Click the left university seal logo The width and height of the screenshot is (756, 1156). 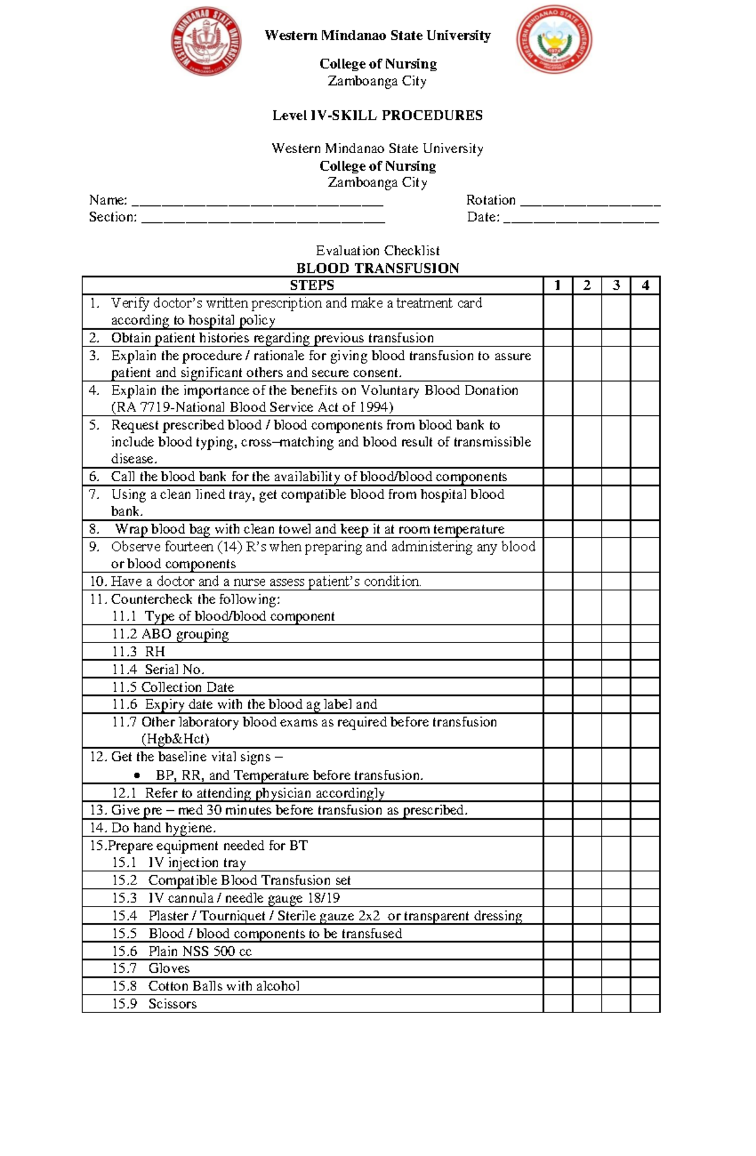[x=207, y=42]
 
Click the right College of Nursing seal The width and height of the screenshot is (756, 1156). [x=554, y=39]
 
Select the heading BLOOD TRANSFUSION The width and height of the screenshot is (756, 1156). [x=377, y=268]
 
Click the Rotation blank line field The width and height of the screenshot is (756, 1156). [x=590, y=202]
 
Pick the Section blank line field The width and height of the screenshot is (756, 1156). [x=263, y=219]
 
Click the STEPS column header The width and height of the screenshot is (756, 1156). [x=312, y=285]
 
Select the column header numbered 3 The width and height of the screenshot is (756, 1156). [x=616, y=285]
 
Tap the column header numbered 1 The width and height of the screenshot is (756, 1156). [x=558, y=285]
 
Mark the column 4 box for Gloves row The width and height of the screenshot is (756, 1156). [x=645, y=968]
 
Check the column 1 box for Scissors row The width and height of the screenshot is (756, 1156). [x=558, y=1004]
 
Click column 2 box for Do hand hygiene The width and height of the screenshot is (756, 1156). [x=587, y=828]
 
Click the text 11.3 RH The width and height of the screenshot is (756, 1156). [x=139, y=651]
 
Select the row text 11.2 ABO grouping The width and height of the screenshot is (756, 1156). [x=170, y=634]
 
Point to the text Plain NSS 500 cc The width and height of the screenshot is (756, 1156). [x=200, y=951]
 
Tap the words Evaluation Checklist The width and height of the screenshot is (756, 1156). [x=377, y=251]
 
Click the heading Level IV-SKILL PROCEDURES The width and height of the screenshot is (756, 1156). [x=377, y=115]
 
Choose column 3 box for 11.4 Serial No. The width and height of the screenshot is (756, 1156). [x=616, y=669]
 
